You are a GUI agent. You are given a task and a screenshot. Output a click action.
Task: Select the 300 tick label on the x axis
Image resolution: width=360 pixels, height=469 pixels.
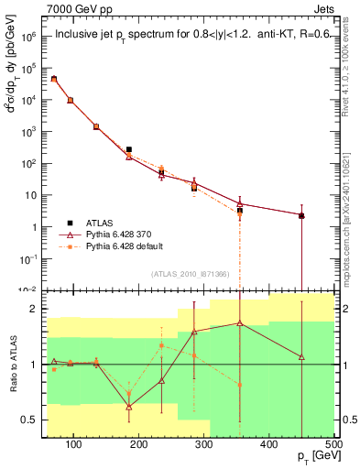[204, 445]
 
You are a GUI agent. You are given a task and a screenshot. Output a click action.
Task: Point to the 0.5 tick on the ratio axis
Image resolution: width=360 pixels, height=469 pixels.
[33, 420]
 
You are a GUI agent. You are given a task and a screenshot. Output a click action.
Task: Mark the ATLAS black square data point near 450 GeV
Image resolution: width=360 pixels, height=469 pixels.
[301, 216]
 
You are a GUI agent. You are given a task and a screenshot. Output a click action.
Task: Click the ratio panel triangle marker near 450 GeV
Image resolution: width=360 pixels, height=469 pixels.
[301, 356]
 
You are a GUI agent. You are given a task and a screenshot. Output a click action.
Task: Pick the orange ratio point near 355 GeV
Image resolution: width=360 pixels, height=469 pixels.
[240, 385]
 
